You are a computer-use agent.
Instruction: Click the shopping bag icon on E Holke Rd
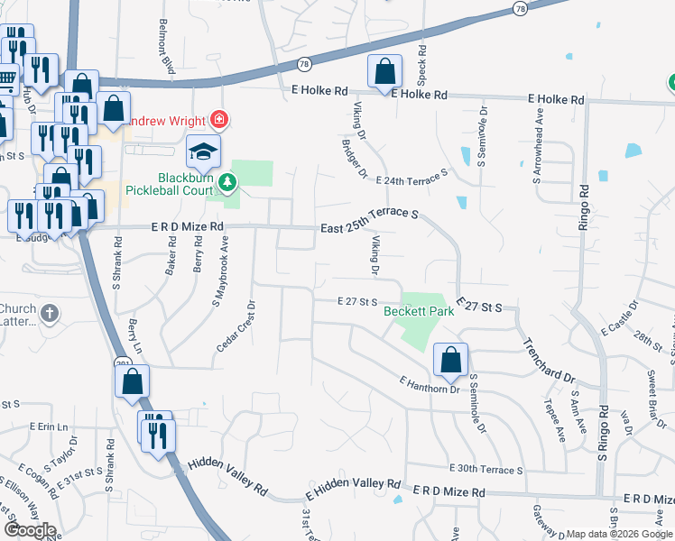click(x=384, y=72)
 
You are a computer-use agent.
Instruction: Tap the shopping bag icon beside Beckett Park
click(x=449, y=360)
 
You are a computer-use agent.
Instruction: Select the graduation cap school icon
click(x=203, y=151)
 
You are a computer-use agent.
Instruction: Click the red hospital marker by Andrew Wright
click(x=217, y=119)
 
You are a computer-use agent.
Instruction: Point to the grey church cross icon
click(x=51, y=315)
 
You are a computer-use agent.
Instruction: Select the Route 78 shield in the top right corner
click(x=520, y=8)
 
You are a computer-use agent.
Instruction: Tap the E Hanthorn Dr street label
click(x=430, y=385)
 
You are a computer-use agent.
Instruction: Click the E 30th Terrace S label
click(x=485, y=470)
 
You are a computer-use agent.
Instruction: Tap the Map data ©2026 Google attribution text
click(x=619, y=534)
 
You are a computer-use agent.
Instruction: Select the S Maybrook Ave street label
click(x=217, y=274)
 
